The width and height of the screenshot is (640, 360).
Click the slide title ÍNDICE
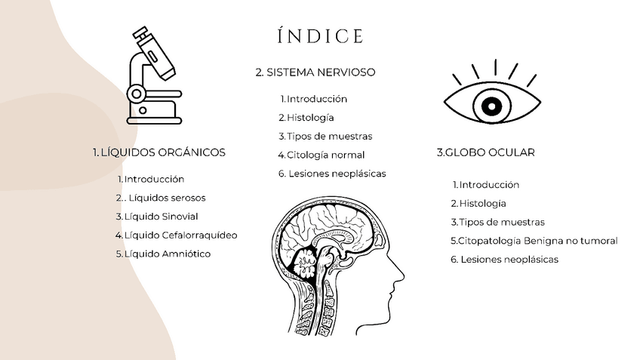(320, 36)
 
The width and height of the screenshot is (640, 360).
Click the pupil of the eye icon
(491, 105)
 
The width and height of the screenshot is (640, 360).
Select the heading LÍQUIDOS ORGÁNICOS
(159, 152)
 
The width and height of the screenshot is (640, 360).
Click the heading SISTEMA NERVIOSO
(315, 72)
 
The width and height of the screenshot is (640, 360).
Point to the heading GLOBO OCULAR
(485, 152)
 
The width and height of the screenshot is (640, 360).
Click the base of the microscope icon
(154, 118)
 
